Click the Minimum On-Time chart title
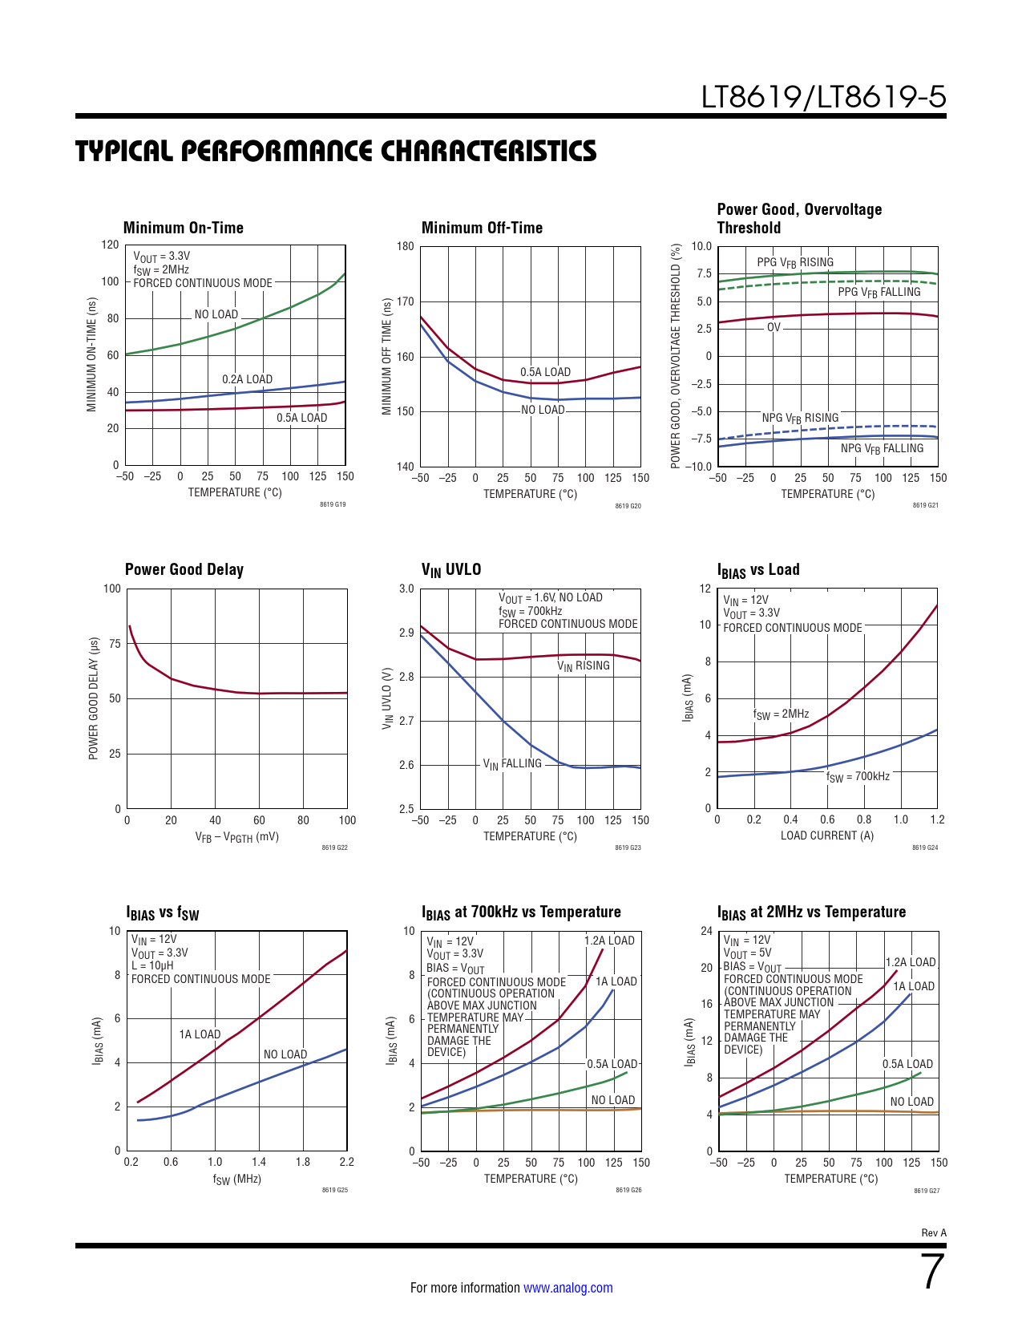pos(183,228)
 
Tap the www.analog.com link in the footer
pos(568,1288)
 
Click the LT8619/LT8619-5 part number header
pos(823,97)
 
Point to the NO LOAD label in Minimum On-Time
pos(216,314)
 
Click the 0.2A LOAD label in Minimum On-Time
pos(247,379)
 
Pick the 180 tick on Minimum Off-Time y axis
pos(406,246)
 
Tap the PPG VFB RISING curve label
pos(794,262)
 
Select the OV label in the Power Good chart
pos(774,327)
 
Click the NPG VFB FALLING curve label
pos(882,449)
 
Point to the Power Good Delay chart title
pos(184,569)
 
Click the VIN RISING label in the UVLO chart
pos(584,666)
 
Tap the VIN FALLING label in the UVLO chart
pos(512,764)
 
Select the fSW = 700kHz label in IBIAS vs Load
pos(858,777)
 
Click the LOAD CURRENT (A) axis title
pos(827,835)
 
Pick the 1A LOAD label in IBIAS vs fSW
pos(200,1034)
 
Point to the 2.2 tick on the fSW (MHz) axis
pos(346,1162)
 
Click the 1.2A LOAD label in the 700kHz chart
pos(609,941)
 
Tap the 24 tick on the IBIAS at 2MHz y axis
pos(706,931)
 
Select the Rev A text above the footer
pos(934,1233)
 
